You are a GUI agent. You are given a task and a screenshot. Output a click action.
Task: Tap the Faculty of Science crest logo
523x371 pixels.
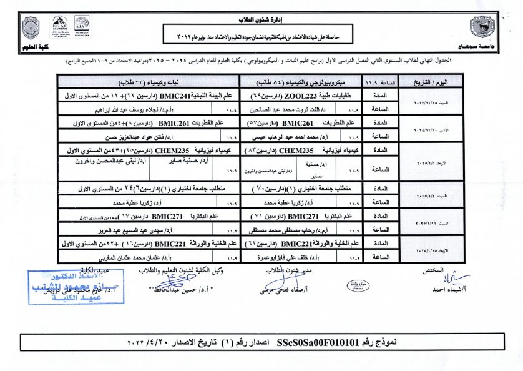31,27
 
